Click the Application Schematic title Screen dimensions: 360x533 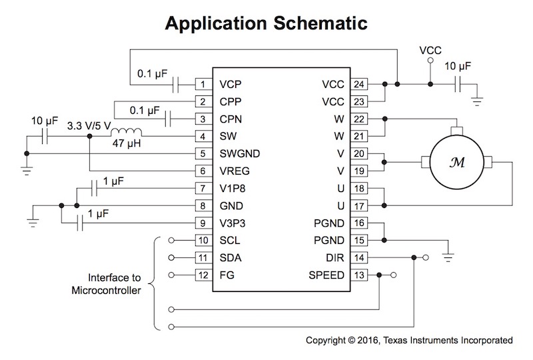[266, 24]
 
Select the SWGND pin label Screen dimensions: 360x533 [239, 153]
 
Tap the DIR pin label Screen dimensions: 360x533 [335, 257]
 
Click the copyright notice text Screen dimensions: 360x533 [409, 340]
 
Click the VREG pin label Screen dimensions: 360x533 [235, 171]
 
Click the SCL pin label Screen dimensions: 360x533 [229, 240]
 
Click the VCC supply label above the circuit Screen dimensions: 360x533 [430, 51]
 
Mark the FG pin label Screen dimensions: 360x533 [226, 275]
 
